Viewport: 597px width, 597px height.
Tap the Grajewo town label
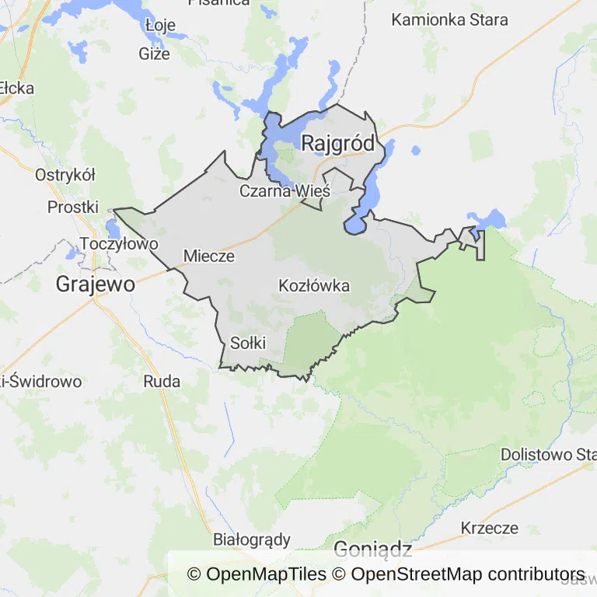click(x=95, y=285)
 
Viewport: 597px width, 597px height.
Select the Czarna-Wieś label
click(x=285, y=190)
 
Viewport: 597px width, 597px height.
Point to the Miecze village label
click(x=209, y=256)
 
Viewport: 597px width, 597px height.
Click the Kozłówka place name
click(x=314, y=286)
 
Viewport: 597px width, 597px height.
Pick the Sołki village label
click(x=248, y=343)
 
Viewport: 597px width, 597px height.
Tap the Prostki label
click(x=73, y=207)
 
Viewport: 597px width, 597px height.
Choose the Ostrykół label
click(x=65, y=175)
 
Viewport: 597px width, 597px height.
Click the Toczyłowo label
click(x=119, y=243)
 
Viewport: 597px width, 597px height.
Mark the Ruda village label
click(x=162, y=381)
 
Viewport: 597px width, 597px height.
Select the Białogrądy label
click(x=252, y=539)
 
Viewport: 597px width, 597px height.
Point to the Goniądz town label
click(x=372, y=550)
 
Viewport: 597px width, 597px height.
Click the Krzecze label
click(x=489, y=529)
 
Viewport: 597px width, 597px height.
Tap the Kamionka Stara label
click(x=449, y=19)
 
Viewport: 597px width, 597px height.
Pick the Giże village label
click(x=154, y=54)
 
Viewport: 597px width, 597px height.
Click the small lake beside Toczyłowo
click(x=113, y=229)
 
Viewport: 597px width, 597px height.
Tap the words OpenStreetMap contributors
click(x=467, y=574)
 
